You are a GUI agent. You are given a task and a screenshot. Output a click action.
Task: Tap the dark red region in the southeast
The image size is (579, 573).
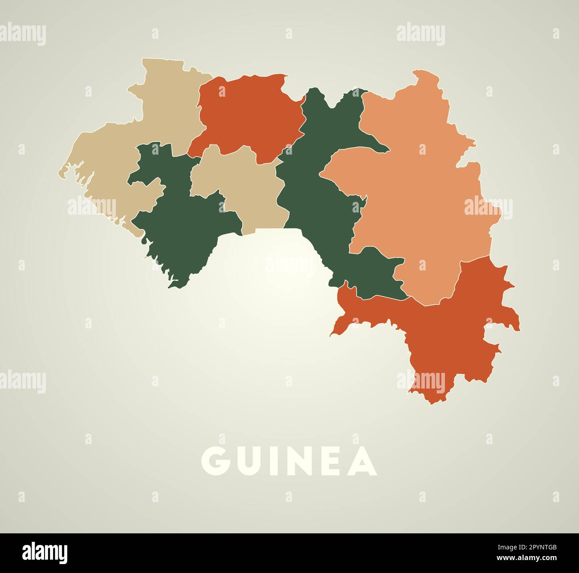pos(445,330)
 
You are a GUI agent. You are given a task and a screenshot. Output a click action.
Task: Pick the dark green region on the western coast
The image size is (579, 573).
pos(178,223)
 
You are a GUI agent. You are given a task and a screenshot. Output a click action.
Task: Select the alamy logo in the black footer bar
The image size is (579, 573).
pos(45,553)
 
